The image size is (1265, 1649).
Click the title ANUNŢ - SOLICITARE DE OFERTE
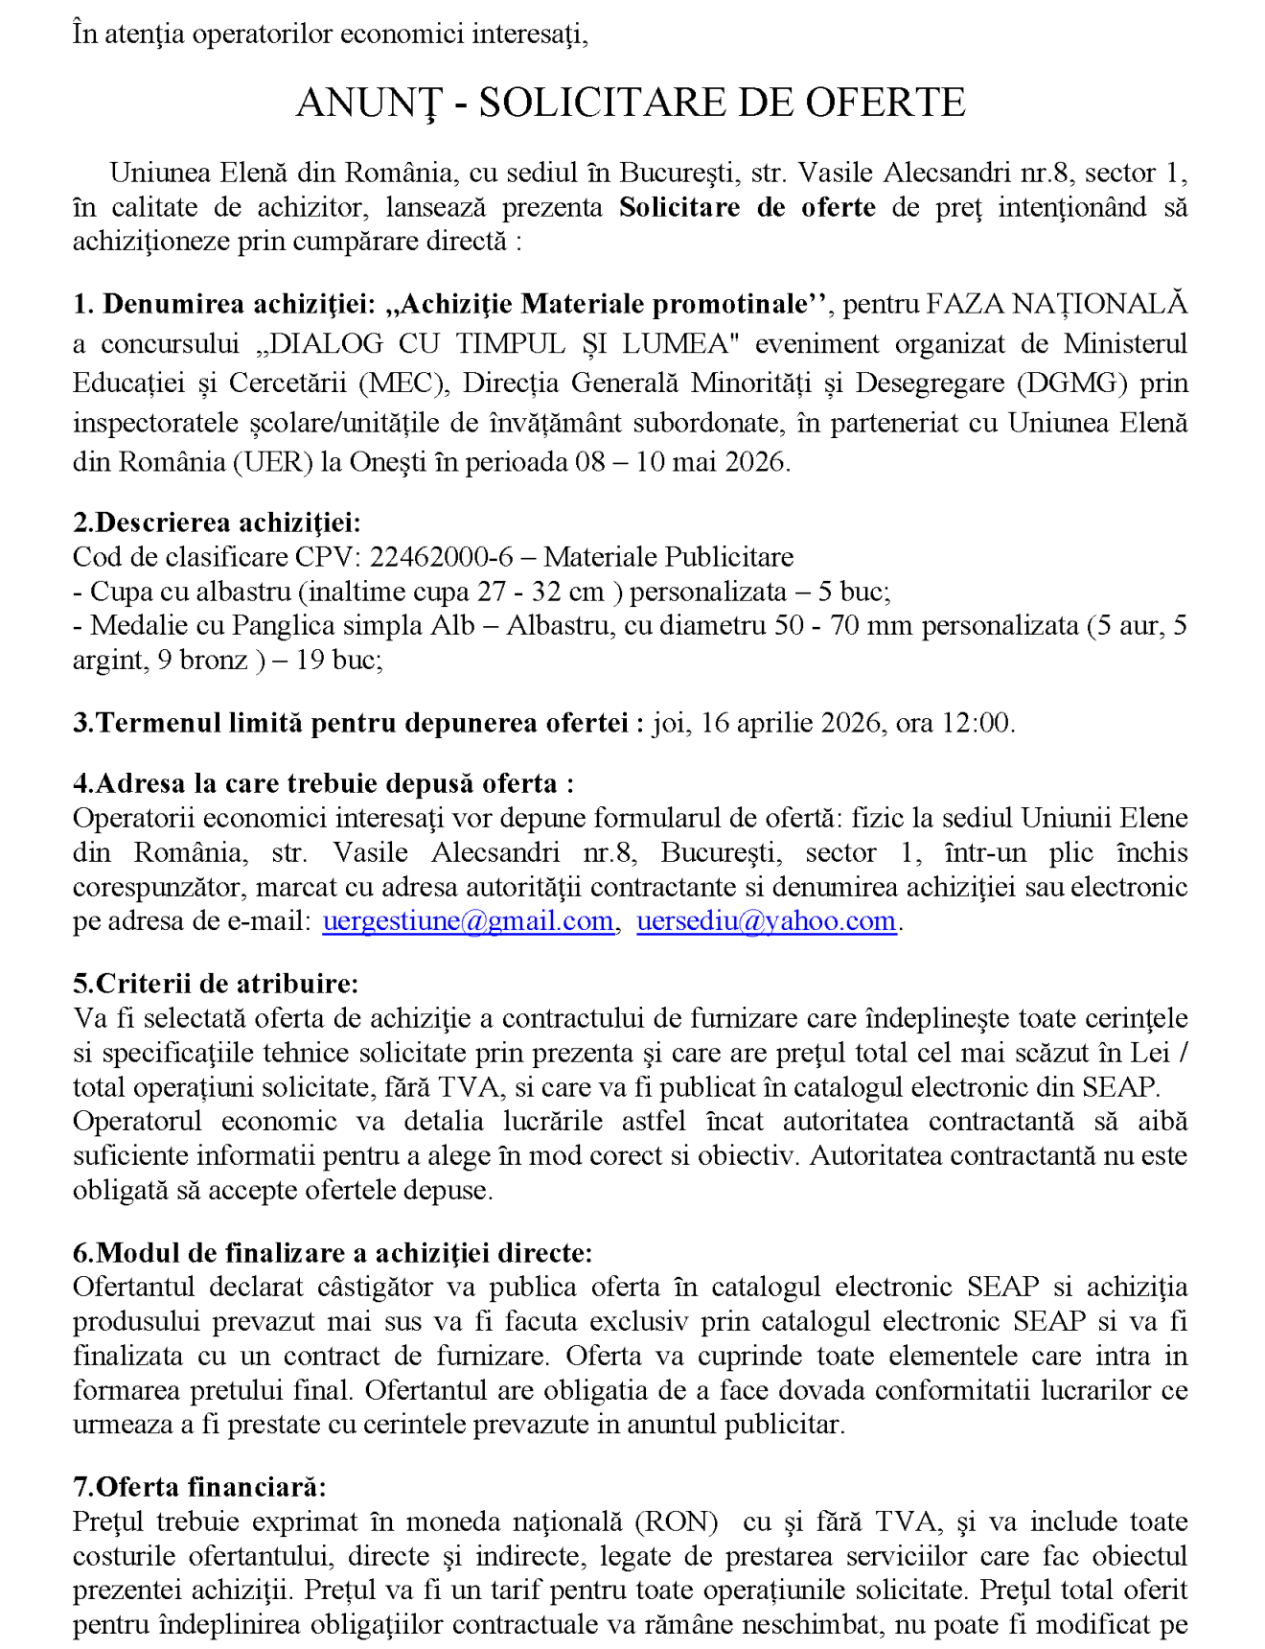[631, 103]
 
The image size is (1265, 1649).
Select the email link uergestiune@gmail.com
[468, 921]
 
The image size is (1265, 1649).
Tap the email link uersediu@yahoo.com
[766, 921]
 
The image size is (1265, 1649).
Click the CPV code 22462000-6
[441, 557]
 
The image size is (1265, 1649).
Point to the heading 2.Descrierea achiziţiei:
[217, 523]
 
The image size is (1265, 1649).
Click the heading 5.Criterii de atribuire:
[216, 984]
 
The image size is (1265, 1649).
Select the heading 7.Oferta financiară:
[199, 1487]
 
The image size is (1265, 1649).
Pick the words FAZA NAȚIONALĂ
[1056, 304]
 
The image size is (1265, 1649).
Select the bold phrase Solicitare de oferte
[747, 207]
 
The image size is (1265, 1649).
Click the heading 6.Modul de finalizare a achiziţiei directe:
[333, 1253]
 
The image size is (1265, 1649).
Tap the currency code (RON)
[677, 1521]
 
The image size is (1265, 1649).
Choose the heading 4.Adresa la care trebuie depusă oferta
[323, 783]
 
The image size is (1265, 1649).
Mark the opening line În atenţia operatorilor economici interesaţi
[330, 35]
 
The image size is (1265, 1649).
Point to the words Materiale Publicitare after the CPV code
[669, 557]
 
